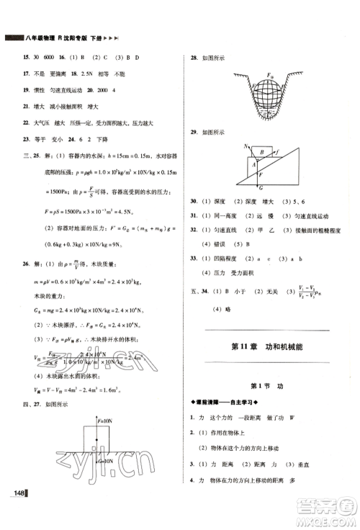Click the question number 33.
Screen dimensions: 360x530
pos(194,257)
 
